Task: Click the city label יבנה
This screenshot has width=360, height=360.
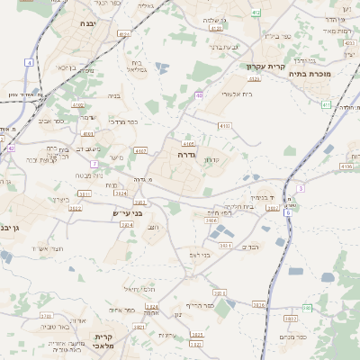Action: tap(88, 23)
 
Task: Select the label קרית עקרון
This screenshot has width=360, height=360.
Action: tap(265, 66)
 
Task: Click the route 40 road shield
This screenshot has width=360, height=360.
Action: tap(198, 94)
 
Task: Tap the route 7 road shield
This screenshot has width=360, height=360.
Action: tap(94, 163)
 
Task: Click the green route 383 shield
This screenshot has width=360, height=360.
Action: tap(307, 308)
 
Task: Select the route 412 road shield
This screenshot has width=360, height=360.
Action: tap(256, 13)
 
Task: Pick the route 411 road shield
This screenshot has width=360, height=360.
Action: tap(327, 104)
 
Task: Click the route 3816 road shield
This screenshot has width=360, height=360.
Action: tap(258, 305)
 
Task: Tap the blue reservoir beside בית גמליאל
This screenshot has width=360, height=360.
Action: tap(161, 67)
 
